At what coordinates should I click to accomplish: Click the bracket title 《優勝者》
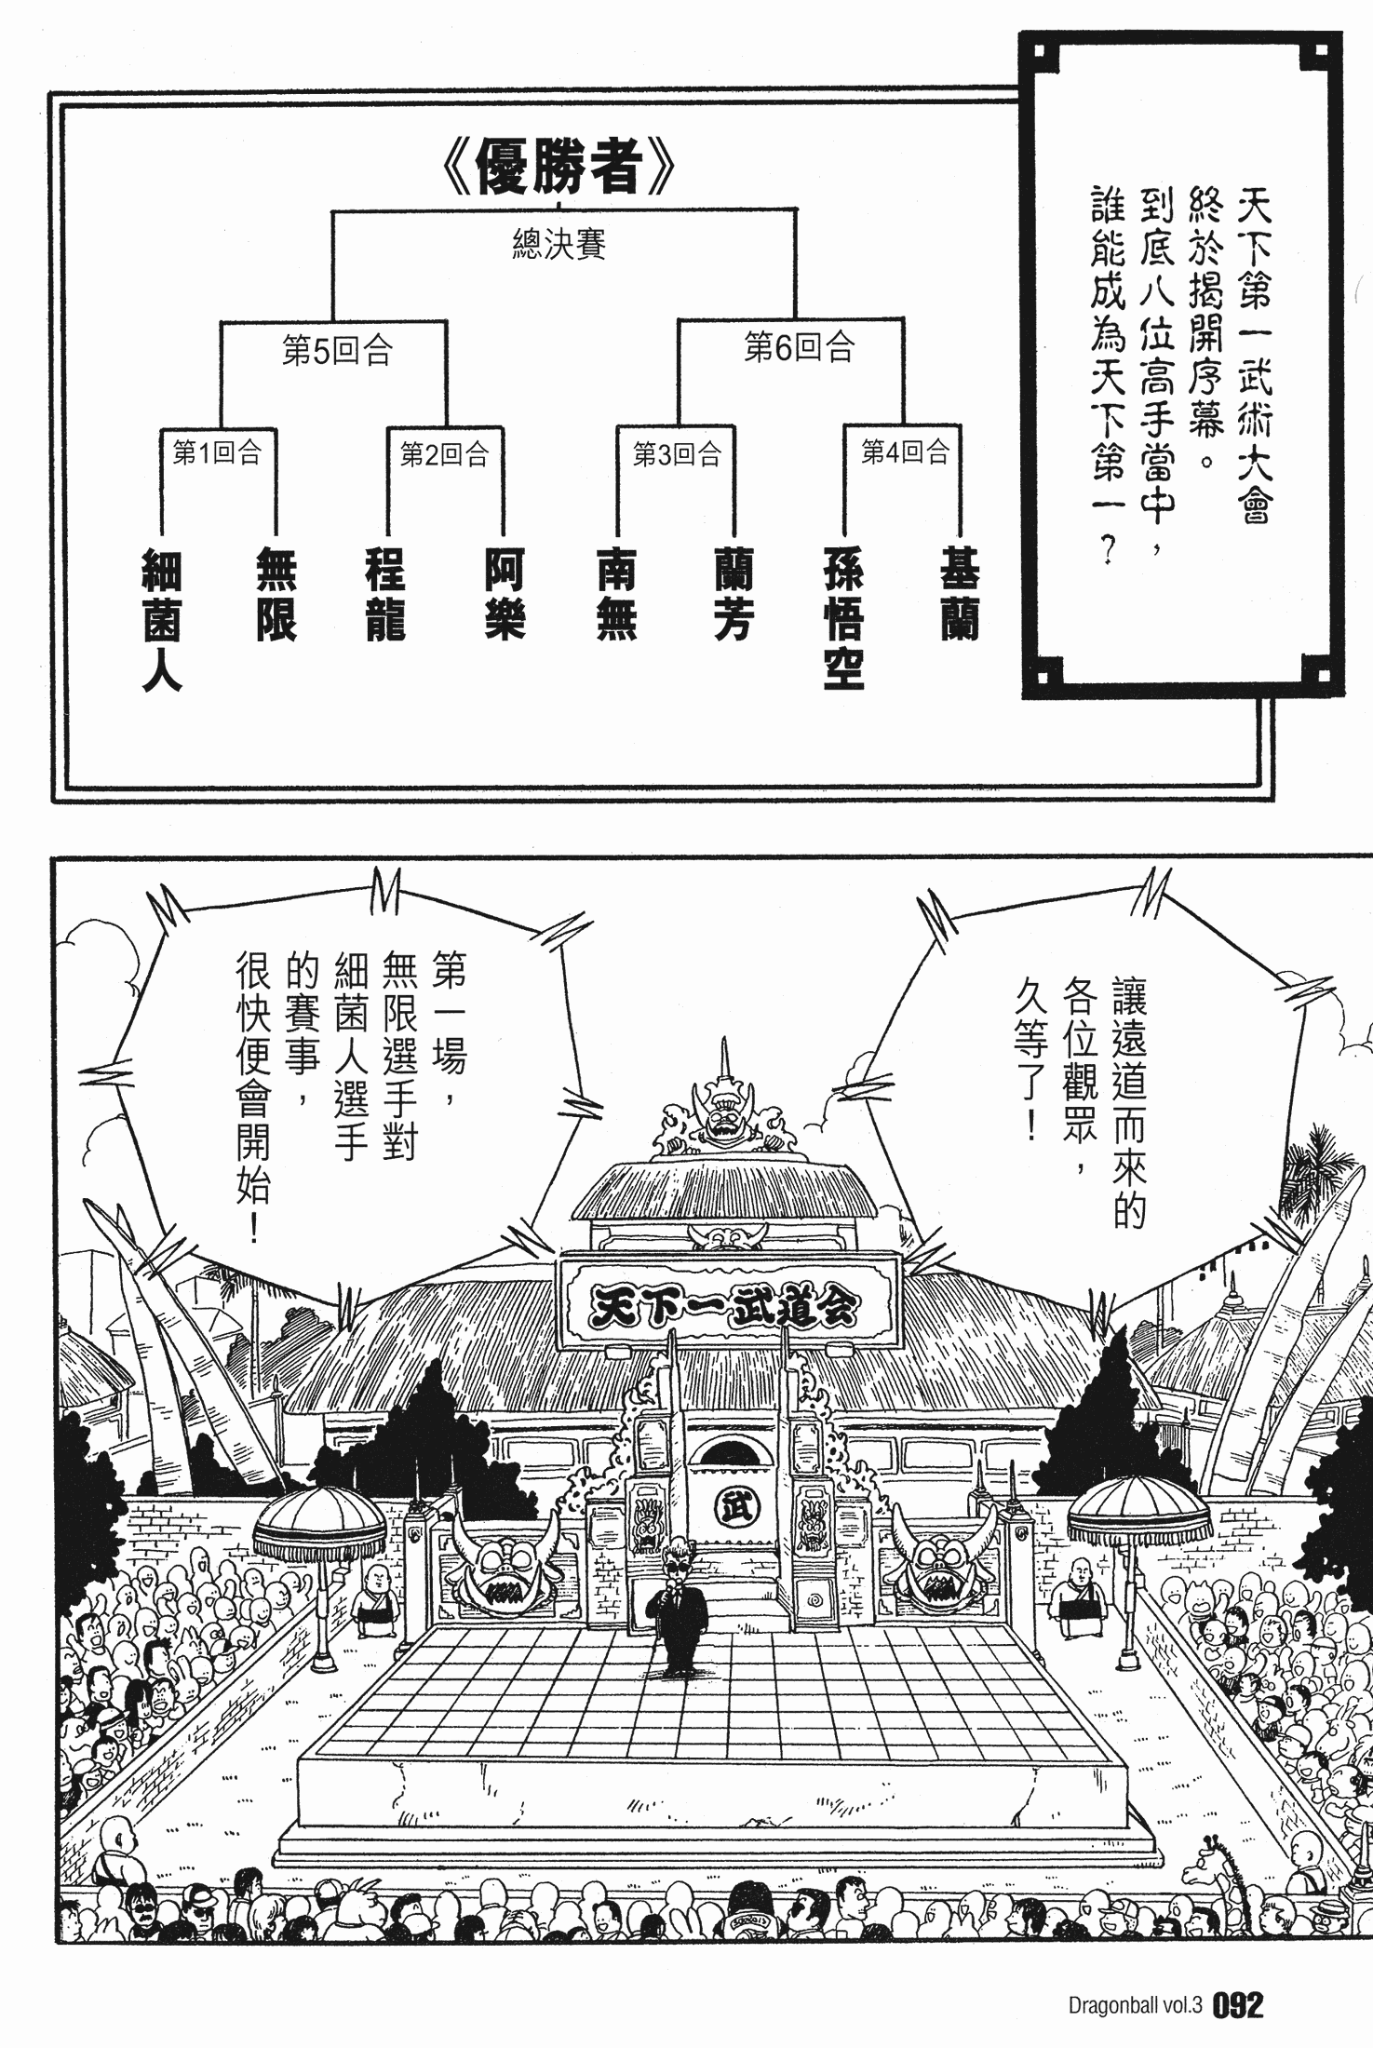559,168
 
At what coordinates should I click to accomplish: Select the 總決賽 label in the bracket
559,244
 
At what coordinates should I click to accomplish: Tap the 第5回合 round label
337,351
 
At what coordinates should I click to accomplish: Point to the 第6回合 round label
799,347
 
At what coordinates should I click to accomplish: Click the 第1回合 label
218,453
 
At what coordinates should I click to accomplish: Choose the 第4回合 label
905,452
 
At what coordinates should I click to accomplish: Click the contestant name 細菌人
161,620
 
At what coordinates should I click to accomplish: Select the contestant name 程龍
385,596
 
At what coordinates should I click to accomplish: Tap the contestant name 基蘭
960,596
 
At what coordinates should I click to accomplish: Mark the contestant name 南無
616,596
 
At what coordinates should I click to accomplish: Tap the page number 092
1239,2003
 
